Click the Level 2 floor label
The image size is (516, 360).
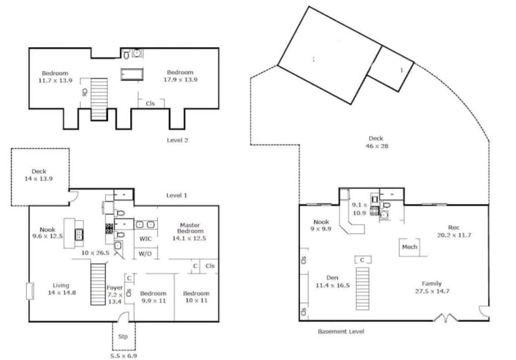coord(178,140)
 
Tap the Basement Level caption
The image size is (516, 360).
coord(341,332)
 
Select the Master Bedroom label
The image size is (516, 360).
coord(190,228)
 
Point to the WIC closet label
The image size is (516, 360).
coord(146,238)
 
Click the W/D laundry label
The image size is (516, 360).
coord(145,254)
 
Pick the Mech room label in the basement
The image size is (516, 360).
coord(409,247)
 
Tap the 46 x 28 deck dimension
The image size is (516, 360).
coord(377,146)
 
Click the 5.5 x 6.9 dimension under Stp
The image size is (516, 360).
coord(124,356)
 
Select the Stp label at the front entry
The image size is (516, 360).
coord(123,336)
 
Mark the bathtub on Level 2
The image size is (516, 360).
coord(132,74)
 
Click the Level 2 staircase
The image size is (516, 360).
coord(99,99)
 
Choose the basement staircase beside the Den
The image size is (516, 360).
coord(362,288)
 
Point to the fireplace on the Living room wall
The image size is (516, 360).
coord(30,291)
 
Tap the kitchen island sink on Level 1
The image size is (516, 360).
coord(79,234)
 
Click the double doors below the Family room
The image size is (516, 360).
coord(445,317)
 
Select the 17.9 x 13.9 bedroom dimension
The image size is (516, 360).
coord(180,79)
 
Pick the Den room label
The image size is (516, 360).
coord(332,278)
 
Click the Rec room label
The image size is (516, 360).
coord(454,227)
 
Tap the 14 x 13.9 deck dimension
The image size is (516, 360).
coord(39,179)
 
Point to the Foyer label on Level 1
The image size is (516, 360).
coord(114,288)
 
